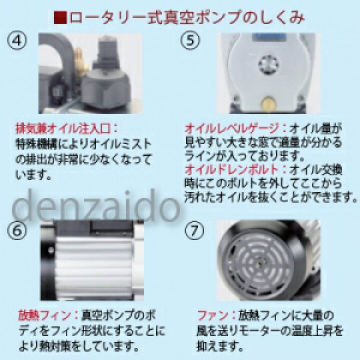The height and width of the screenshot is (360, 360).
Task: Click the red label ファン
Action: pyautogui.click(x=208, y=317)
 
